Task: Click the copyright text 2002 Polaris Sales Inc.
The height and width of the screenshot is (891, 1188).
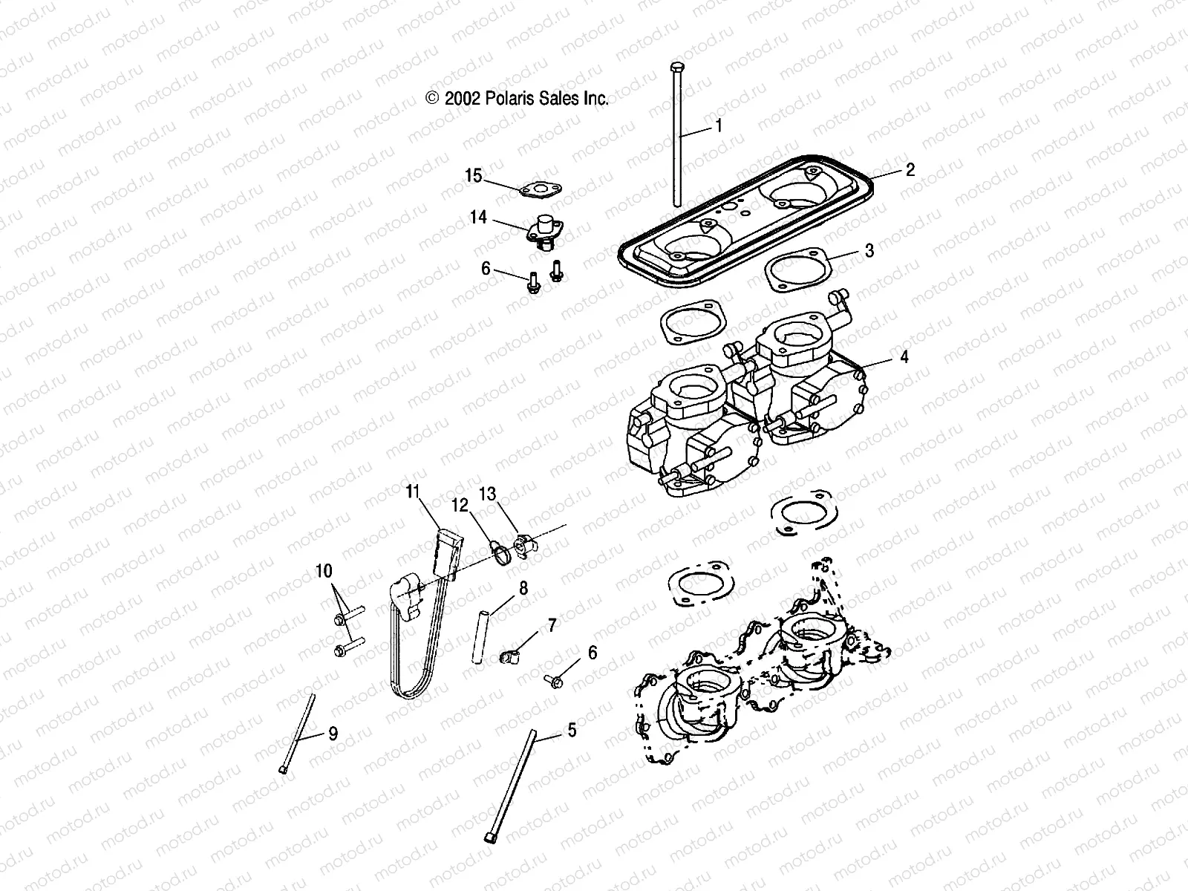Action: click(518, 98)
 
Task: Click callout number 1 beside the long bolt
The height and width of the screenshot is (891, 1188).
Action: click(718, 126)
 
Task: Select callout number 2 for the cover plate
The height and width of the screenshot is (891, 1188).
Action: click(910, 170)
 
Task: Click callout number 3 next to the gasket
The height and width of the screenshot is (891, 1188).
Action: click(869, 250)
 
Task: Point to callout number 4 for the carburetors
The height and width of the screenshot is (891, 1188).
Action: click(904, 357)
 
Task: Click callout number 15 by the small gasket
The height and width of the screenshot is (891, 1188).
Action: click(495, 176)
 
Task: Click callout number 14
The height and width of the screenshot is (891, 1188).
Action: click(478, 218)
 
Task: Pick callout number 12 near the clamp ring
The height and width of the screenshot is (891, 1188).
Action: click(460, 506)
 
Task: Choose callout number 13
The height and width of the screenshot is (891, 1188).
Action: click(507, 495)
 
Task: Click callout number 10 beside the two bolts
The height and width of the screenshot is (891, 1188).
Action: click(324, 571)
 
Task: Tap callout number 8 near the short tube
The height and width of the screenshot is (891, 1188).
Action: click(523, 588)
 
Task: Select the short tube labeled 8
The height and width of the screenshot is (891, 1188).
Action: click(480, 636)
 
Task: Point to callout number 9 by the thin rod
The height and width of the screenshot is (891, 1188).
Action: click(333, 734)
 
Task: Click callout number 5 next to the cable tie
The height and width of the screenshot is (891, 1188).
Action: click(571, 730)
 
